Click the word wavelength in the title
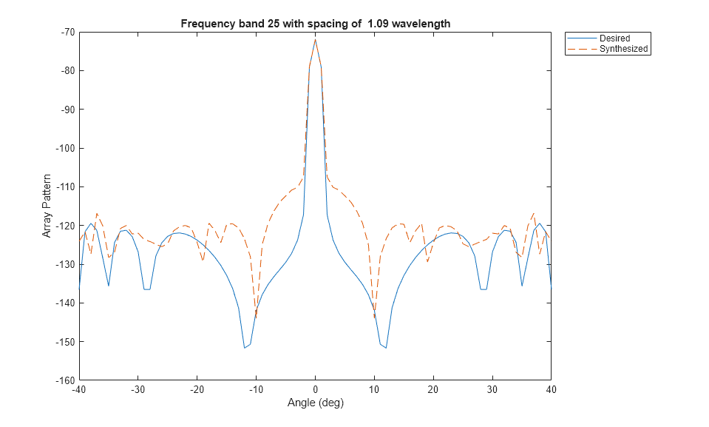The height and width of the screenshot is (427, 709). tap(422, 24)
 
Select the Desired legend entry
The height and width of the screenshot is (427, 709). tap(614, 38)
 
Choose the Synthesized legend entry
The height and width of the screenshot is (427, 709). tap(623, 49)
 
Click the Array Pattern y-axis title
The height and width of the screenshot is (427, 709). tap(47, 206)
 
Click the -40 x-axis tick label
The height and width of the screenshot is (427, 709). tap(78, 391)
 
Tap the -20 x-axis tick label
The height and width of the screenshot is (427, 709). tap(197, 391)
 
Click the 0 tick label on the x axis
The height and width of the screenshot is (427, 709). tap(315, 391)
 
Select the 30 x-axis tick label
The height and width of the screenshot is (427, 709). tap(492, 391)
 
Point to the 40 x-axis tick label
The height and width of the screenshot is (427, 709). tap(551, 391)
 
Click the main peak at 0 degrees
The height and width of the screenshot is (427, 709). tap(315, 39)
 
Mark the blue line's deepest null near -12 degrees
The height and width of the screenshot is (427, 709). tap(244, 348)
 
